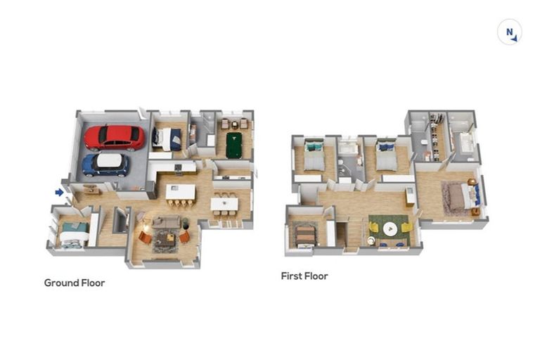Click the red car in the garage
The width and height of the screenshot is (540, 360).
pyautogui.click(x=115, y=138)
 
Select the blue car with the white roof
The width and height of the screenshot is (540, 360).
pyautogui.click(x=105, y=165)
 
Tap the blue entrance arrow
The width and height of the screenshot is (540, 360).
pyautogui.click(x=60, y=193)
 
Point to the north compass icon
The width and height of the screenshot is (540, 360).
pyautogui.click(x=510, y=32)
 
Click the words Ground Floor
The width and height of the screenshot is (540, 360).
pyautogui.click(x=75, y=283)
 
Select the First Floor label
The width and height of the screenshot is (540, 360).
pyautogui.click(x=304, y=276)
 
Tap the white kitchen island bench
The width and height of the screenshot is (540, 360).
pyautogui.click(x=181, y=192)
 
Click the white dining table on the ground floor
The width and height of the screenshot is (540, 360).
pyautogui.click(x=224, y=204)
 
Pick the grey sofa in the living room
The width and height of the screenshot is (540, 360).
pyautogui.click(x=167, y=223)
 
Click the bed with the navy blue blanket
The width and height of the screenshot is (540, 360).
pyautogui.click(x=167, y=139)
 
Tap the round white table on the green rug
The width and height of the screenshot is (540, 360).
pyautogui.click(x=390, y=228)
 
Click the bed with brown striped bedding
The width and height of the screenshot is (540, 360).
pyautogui.click(x=304, y=236)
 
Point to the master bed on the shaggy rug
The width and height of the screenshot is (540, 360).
pyautogui.click(x=463, y=197)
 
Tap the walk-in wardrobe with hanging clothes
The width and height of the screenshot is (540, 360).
pyautogui.click(x=437, y=137)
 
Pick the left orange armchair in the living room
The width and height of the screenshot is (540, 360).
pyautogui.click(x=145, y=238)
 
